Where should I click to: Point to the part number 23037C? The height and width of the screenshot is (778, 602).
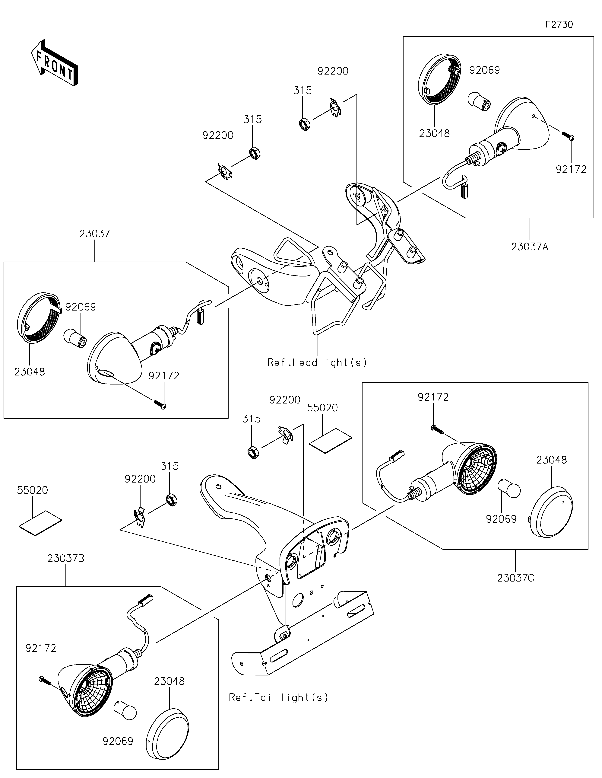pos(515,578)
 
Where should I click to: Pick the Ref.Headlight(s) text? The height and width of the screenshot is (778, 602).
pos(317,363)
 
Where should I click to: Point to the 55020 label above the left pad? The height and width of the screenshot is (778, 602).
pos(32,490)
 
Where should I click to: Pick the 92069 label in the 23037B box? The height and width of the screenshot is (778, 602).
pos(118,741)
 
